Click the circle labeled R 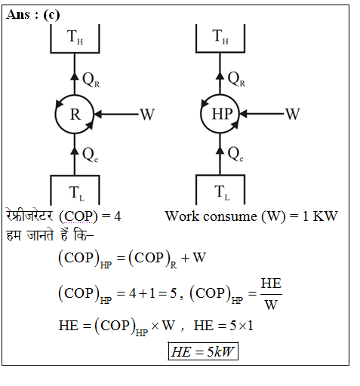pyautogui.click(x=75, y=95)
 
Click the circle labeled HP pyautogui.click(x=220, y=95)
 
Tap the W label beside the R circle pyautogui.click(x=147, y=115)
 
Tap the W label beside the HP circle pyautogui.click(x=293, y=114)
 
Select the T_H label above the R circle pyautogui.click(x=75, y=37)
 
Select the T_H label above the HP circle pyautogui.click(x=220, y=36)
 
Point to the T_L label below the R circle pyautogui.click(x=77, y=194)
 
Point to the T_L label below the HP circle pyautogui.click(x=222, y=193)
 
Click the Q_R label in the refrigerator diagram pyautogui.click(x=91, y=80)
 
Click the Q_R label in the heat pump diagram pyautogui.click(x=236, y=79)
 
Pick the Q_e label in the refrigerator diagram pyautogui.click(x=91, y=155)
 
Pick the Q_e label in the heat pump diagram pyautogui.click(x=235, y=154)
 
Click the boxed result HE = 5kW pyautogui.click(x=203, y=351)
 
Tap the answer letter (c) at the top pyautogui.click(x=51, y=15)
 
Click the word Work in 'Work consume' pyautogui.click(x=182, y=216)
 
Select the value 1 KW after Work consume pyautogui.click(x=320, y=216)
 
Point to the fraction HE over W pyautogui.click(x=271, y=294)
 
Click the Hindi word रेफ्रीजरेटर pyautogui.click(x=29, y=216)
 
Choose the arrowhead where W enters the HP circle pyautogui.click(x=243, y=114)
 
